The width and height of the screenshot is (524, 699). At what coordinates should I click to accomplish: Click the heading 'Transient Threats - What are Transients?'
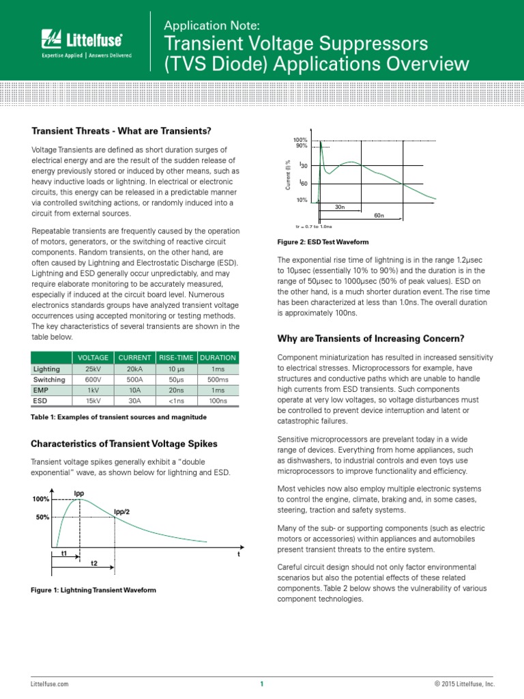(x=121, y=131)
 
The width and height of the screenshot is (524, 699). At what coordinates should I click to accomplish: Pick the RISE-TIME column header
(x=177, y=358)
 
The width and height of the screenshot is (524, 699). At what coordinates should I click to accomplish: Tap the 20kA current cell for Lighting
(x=134, y=369)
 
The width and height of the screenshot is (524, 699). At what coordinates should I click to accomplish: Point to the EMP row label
(x=42, y=390)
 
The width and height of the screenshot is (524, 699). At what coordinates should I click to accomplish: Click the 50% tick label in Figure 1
(x=42, y=517)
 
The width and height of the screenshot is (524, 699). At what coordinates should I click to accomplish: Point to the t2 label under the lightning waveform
(x=94, y=563)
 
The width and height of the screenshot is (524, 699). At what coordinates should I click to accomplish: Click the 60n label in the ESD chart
(x=379, y=216)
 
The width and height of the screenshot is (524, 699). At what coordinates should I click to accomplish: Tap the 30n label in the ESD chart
(x=339, y=206)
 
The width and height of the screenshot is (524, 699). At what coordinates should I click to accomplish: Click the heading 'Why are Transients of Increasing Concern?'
(x=371, y=339)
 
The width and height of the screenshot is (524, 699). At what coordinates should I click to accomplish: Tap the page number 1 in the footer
(x=261, y=684)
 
